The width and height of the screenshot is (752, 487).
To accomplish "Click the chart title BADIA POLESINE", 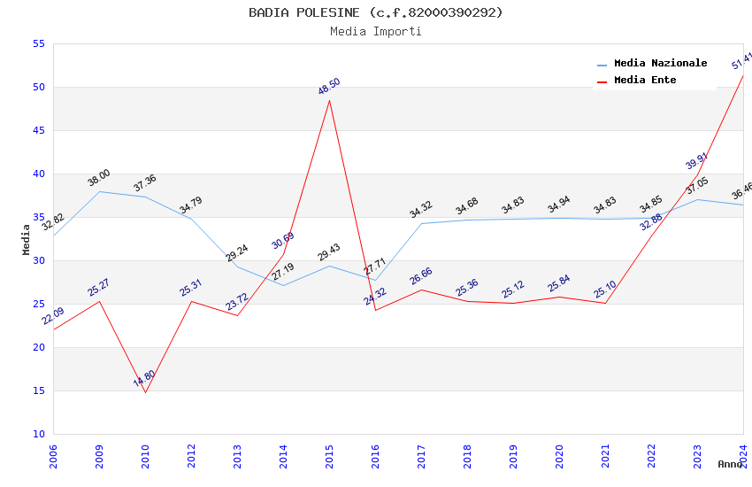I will coord(375,12).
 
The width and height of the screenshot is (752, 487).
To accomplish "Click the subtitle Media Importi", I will coord(375,31).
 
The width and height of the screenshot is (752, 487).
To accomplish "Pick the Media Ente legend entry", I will coord(644,80).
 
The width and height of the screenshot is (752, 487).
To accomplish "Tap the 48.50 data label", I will coord(329,87).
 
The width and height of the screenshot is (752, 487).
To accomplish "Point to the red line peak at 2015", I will coord(329,100).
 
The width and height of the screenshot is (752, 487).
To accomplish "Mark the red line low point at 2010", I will coord(145,392).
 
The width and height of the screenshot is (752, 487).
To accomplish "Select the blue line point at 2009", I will coord(99,191).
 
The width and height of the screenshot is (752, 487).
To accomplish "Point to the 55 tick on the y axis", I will coord(37,43).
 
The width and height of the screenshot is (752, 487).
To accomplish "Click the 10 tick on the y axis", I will coord(37,434).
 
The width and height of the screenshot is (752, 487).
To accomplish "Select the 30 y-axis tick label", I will coord(37,260).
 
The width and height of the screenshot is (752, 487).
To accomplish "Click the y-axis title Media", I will coord(27,239).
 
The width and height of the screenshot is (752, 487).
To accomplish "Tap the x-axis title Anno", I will coord(730,464).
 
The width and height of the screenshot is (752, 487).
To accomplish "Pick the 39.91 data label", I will coord(697,161).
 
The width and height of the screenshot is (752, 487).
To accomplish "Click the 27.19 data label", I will coord(283,272).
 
